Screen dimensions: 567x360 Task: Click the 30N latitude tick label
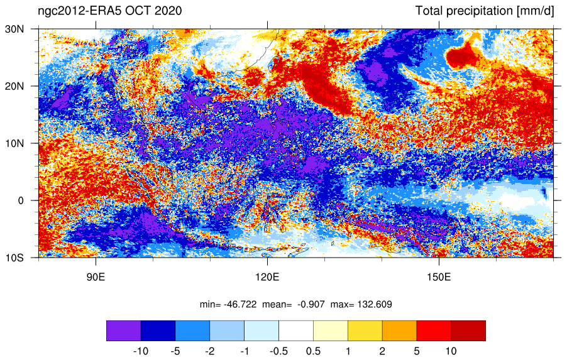click(x=14, y=29)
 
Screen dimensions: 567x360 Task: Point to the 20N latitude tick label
click(x=14, y=86)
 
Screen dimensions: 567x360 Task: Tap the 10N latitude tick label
click(x=14, y=143)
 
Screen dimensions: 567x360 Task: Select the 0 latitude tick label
click(x=21, y=200)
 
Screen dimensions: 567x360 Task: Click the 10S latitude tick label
click(x=14, y=258)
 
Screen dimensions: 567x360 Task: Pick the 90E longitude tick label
click(x=96, y=277)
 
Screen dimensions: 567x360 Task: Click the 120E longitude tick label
click(x=267, y=277)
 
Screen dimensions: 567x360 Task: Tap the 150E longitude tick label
click(x=439, y=277)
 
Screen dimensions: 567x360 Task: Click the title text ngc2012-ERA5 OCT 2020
click(x=110, y=11)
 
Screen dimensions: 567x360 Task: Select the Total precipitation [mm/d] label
click(x=485, y=11)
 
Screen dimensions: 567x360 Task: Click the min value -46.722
click(x=240, y=304)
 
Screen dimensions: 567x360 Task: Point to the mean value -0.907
click(x=311, y=304)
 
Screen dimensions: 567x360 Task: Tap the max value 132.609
click(x=375, y=304)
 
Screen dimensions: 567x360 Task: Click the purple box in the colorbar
click(x=124, y=330)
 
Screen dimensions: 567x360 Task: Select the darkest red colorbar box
click(x=468, y=330)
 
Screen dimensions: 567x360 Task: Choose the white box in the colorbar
click(x=296, y=330)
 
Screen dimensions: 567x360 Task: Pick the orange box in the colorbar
click(x=399, y=330)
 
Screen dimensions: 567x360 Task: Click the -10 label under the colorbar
click(x=141, y=351)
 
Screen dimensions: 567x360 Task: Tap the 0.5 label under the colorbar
click(x=313, y=351)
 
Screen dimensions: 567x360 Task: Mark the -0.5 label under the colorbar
click(x=278, y=351)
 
